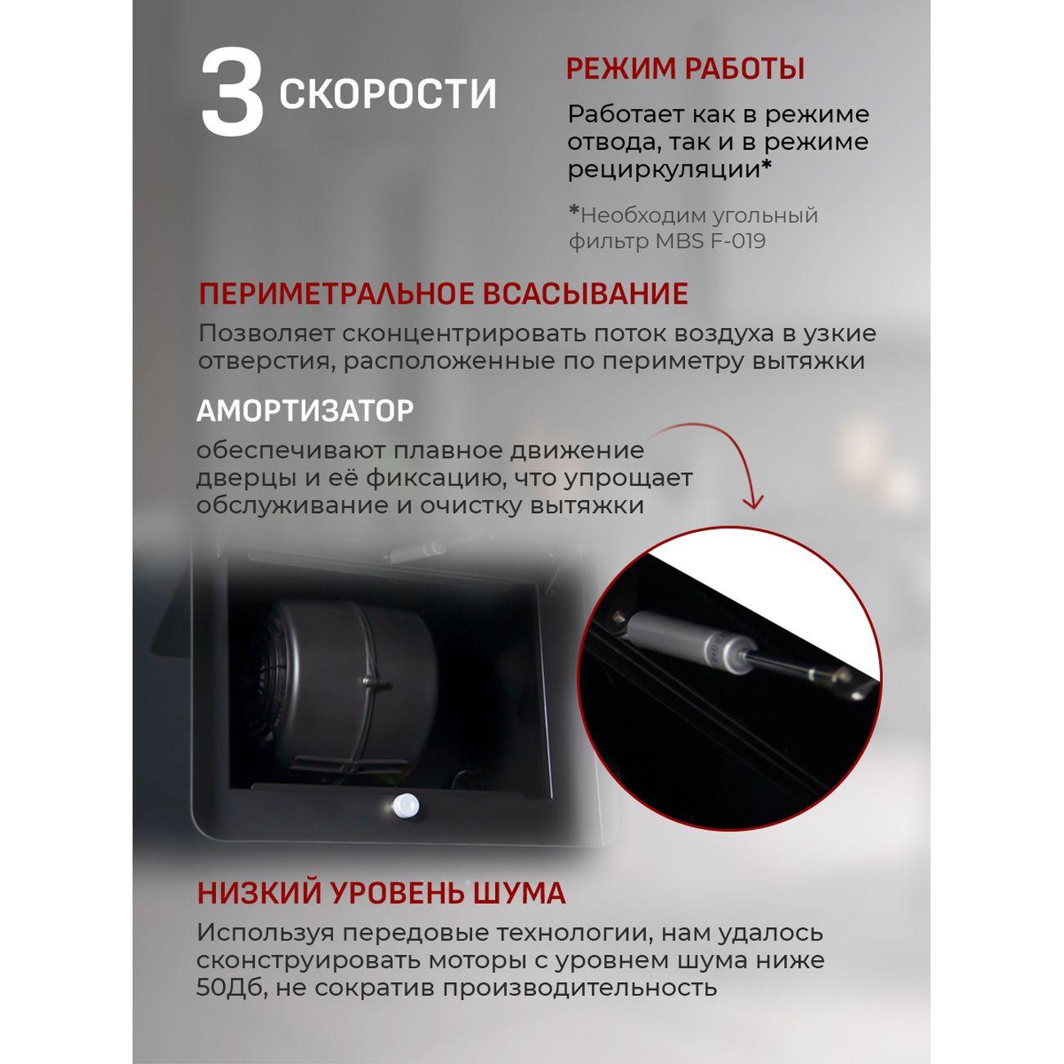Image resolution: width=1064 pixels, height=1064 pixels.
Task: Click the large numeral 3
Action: coord(232,92)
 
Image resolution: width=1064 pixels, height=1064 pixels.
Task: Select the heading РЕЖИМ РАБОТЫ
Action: coord(685,69)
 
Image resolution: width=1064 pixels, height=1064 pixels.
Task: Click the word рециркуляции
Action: coord(664,169)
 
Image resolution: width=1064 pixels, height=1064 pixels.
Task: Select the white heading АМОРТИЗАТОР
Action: coord(304,411)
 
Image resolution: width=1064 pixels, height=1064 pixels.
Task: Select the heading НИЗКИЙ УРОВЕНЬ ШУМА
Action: coord(381,893)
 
